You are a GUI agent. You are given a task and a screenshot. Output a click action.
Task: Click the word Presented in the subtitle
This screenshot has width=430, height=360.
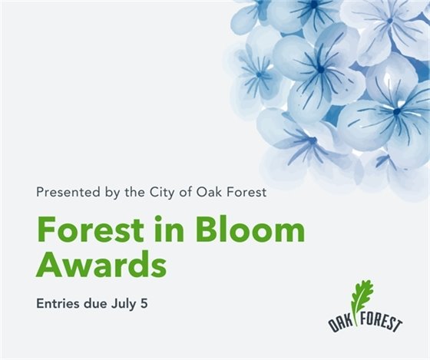coord(64,192)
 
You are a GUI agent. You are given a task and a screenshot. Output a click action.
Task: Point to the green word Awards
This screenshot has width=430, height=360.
coord(101,265)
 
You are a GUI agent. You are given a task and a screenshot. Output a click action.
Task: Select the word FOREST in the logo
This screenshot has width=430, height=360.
coord(381,323)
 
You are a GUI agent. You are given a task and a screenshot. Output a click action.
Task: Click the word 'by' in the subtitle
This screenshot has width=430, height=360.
coord(108,192)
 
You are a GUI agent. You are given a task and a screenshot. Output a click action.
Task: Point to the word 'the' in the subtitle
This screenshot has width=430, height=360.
coord(133,192)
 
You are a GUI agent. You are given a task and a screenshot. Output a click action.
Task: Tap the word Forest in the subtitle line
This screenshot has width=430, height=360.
coord(247,192)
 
